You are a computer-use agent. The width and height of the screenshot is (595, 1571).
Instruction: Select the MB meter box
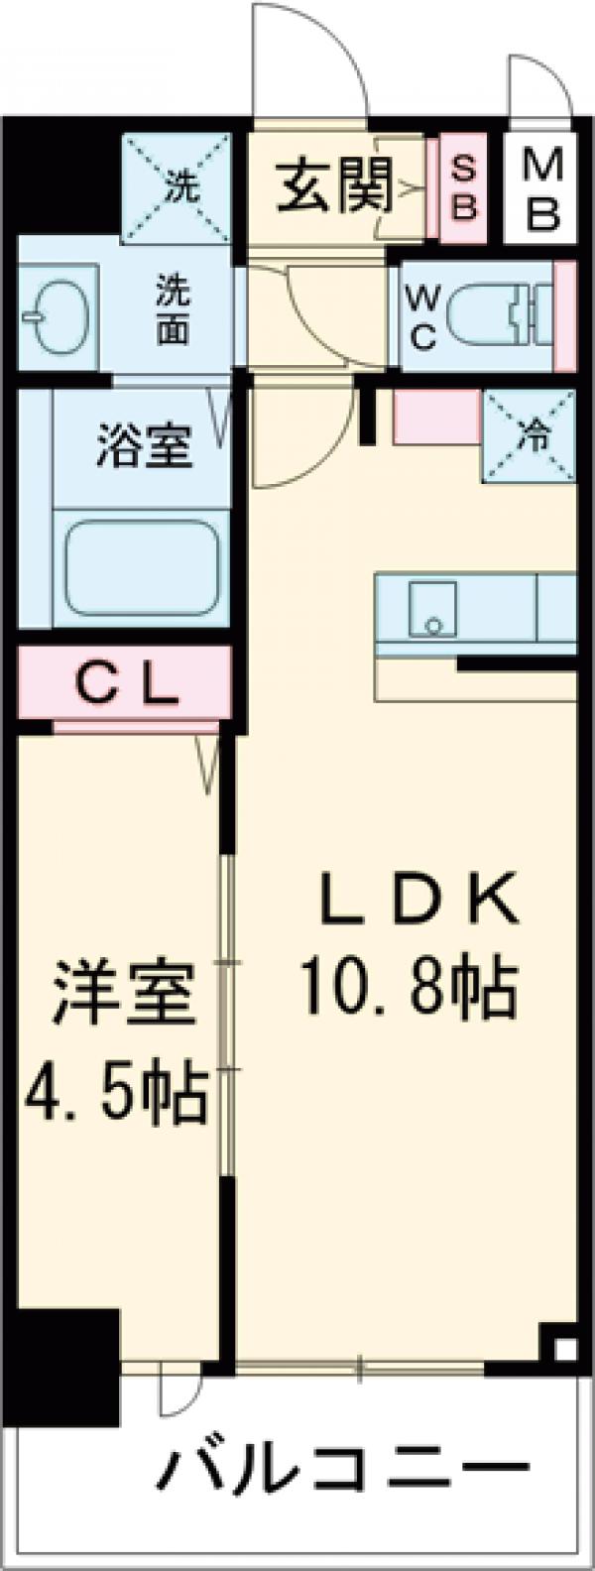point(540,188)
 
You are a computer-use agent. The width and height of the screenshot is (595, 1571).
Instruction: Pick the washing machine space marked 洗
point(179,185)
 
